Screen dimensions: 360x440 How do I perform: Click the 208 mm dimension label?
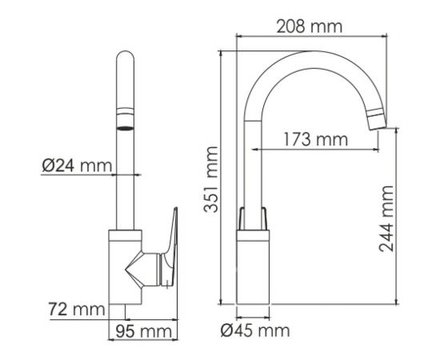[309, 26]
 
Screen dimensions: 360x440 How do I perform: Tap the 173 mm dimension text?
[314, 140]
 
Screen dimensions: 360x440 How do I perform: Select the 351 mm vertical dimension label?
[210, 179]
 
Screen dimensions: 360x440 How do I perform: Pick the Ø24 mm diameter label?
[76, 166]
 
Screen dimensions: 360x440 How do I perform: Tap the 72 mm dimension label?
[76, 308]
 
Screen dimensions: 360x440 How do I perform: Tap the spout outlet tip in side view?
[375, 121]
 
